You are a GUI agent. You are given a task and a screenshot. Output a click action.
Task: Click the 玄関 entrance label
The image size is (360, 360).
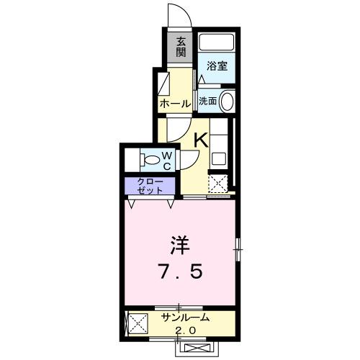(181, 47)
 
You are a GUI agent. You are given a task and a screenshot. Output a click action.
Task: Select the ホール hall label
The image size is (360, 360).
(175, 104)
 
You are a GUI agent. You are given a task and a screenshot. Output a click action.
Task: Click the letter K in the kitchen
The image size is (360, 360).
(201, 140)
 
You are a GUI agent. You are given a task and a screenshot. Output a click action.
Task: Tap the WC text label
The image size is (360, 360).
(166, 158)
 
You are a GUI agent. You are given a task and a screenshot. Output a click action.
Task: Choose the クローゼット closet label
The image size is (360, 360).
(148, 185)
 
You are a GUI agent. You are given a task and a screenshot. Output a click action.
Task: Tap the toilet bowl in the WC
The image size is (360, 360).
(150, 158)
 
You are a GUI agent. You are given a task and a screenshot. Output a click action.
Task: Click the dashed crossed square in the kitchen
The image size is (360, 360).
(219, 184)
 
